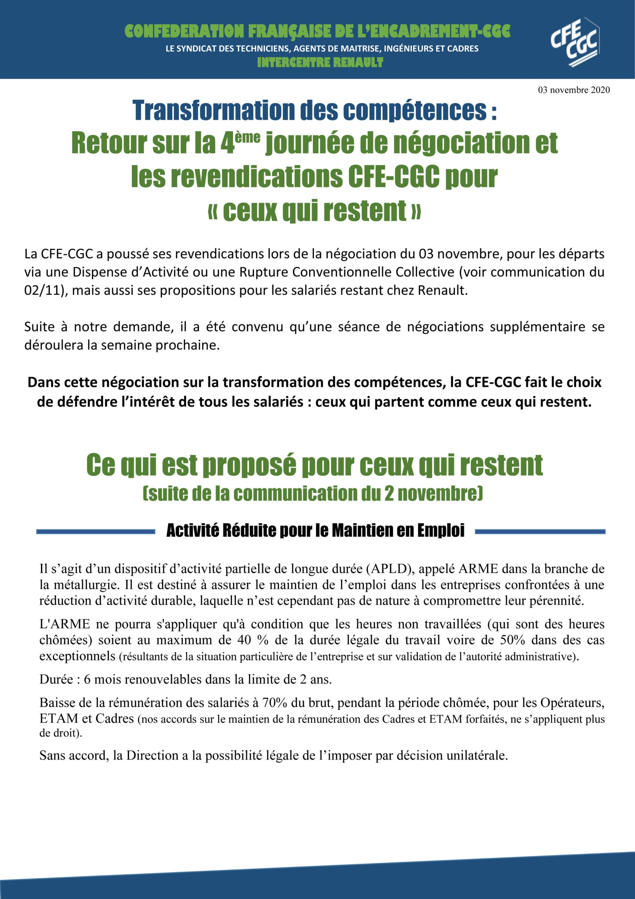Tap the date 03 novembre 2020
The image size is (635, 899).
574,90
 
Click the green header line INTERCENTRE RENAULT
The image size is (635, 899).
320,62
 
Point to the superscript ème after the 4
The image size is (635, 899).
248,137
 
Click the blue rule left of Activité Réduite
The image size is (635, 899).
96,532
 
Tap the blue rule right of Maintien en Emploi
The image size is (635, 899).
540,532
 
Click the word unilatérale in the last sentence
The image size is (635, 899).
477,755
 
